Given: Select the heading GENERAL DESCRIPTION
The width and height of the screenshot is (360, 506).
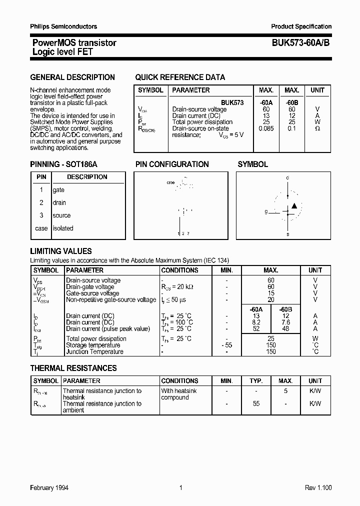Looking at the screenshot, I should click(x=72, y=77).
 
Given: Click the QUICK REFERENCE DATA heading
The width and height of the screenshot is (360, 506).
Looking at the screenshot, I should click(x=180, y=77).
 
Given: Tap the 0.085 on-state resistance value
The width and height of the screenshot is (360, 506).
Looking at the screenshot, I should click(x=266, y=128).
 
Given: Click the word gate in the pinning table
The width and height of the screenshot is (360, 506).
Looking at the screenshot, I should click(x=58, y=190).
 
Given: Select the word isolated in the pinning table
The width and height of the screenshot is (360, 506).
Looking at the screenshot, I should click(x=63, y=228).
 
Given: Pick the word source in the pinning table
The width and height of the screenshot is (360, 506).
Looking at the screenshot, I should click(x=61, y=215).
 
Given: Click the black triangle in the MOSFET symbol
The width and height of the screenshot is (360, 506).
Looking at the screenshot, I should click(x=294, y=205).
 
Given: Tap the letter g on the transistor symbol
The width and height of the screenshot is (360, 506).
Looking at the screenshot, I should click(x=266, y=212).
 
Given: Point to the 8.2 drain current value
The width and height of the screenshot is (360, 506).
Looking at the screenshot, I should click(x=256, y=322).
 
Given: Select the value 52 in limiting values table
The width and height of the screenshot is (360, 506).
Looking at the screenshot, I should click(x=256, y=329).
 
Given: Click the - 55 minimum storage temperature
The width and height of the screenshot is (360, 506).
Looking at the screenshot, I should click(x=226, y=345).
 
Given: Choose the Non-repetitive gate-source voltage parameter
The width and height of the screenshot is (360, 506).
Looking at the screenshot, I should click(x=111, y=300).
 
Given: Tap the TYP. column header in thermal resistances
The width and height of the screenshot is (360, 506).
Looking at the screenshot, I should click(x=256, y=381).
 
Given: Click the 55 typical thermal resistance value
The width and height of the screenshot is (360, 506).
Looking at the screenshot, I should click(x=256, y=404).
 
